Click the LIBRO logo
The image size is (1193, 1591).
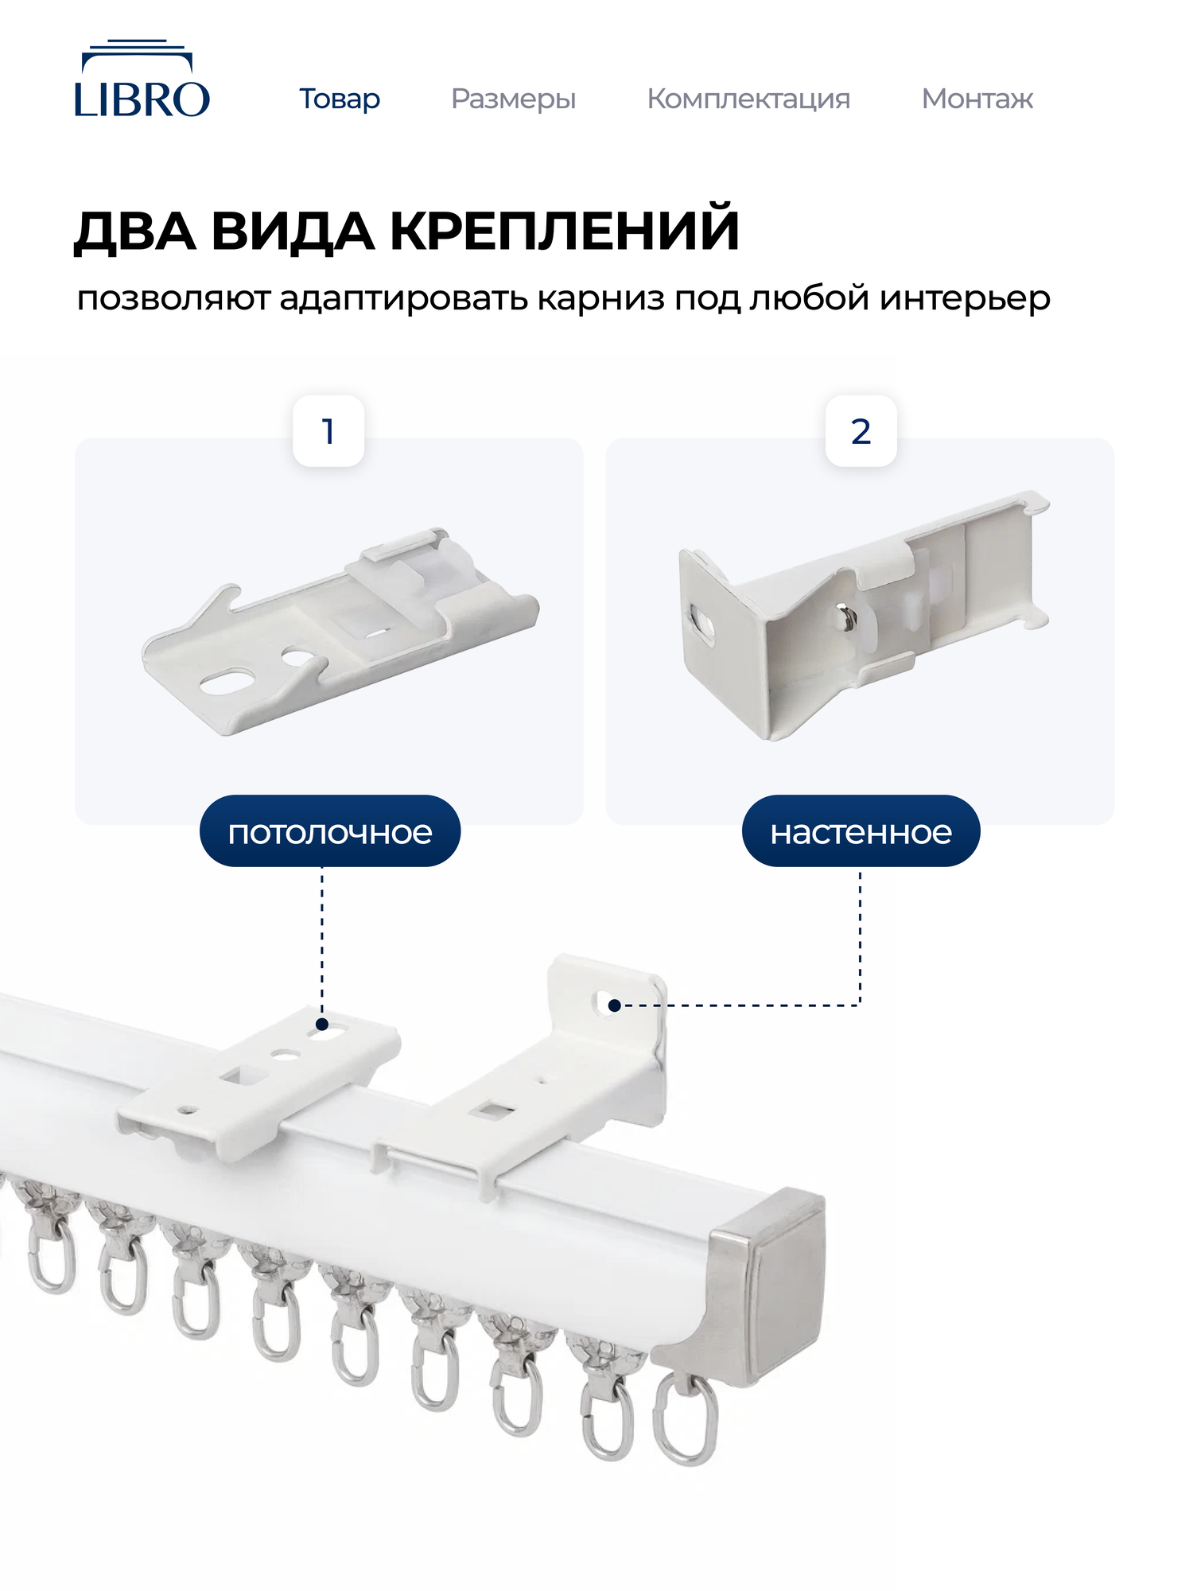point(142,80)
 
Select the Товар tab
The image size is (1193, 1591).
point(340,99)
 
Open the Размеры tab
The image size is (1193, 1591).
point(513,99)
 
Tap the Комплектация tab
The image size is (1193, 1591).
point(748,99)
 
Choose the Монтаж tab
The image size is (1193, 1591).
point(977,99)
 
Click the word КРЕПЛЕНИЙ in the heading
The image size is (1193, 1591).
point(565,231)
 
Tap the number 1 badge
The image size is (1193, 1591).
point(328,431)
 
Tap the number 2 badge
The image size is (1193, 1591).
point(861,431)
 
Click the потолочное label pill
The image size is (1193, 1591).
point(330,832)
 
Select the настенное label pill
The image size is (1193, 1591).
point(861,832)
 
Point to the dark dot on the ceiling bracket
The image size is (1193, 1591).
point(322,1025)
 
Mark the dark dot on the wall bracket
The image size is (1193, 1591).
point(614,1006)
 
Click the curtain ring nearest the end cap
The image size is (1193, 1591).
point(685,1420)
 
